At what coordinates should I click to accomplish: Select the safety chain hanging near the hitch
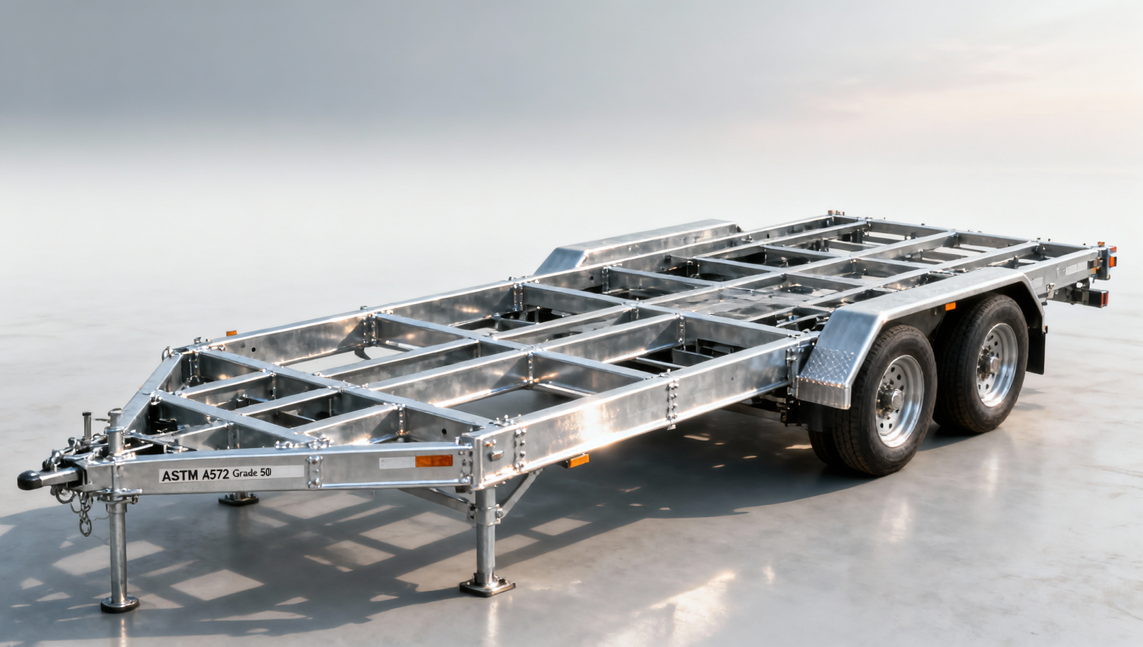tap(84, 516)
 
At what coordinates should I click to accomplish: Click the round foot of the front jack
tap(119, 604)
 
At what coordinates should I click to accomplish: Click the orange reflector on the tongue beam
tap(433, 461)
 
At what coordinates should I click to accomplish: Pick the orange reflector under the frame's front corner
tap(577, 461)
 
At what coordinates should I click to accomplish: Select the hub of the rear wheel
tap(996, 356)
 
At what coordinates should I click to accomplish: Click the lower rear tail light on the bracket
tap(1101, 297)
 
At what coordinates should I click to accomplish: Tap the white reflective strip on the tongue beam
tap(396, 463)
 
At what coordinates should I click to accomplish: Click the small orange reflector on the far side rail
tap(231, 332)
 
